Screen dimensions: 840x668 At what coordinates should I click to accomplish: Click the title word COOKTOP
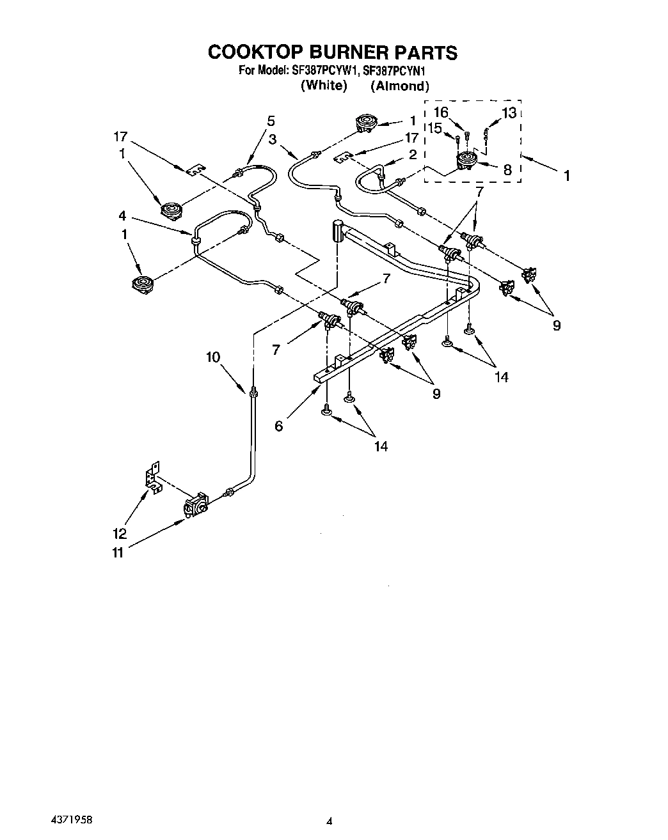tap(253, 52)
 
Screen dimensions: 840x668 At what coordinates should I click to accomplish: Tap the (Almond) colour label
tap(399, 86)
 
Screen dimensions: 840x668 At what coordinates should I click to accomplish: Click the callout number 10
tap(213, 357)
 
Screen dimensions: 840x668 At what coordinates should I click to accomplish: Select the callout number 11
tap(118, 552)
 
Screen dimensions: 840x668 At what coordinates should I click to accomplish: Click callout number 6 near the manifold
tap(278, 426)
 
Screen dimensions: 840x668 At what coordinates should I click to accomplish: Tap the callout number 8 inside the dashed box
tap(507, 169)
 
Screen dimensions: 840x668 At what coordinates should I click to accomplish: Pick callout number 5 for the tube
tap(271, 120)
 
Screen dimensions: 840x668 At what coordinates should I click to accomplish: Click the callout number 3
tap(273, 139)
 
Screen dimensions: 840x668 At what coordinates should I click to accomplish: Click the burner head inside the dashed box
tap(466, 161)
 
